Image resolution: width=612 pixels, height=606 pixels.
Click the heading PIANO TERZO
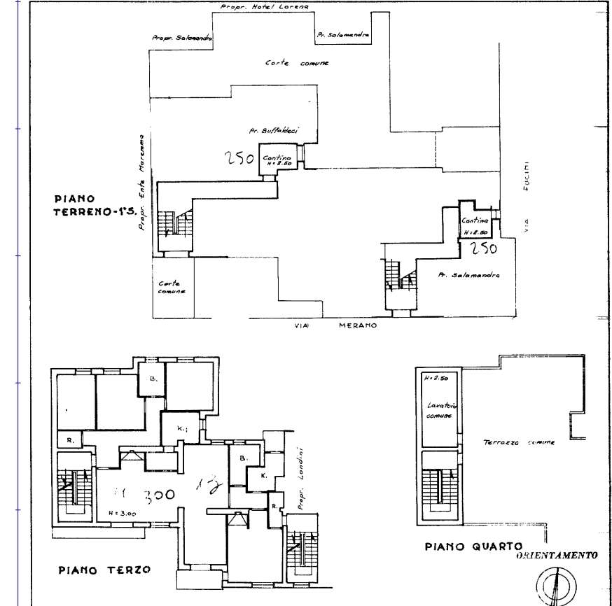tap(103, 570)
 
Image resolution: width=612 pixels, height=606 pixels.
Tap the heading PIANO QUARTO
tap(474, 546)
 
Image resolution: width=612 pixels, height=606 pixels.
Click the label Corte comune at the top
tap(297, 63)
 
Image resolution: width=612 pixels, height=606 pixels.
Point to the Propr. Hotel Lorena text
tap(264, 6)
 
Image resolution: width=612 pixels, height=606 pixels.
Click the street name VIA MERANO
tap(334, 325)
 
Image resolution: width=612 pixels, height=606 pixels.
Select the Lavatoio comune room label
tap(439, 409)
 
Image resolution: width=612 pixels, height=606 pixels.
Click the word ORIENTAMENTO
tap(556, 556)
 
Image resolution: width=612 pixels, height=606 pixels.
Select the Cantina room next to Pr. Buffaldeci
tap(277, 160)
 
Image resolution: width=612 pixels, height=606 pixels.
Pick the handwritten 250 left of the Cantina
tap(239, 160)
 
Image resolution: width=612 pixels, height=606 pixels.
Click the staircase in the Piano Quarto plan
tap(439, 486)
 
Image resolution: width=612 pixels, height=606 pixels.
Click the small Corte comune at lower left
tap(172, 287)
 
